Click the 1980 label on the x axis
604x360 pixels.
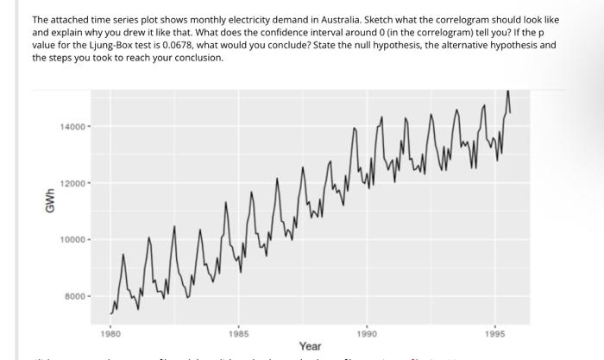coord(110,332)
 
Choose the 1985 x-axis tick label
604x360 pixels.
coord(239,332)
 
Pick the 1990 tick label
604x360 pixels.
coord(367,332)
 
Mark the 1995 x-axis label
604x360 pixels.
coord(495,332)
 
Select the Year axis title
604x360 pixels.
coord(311,346)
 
